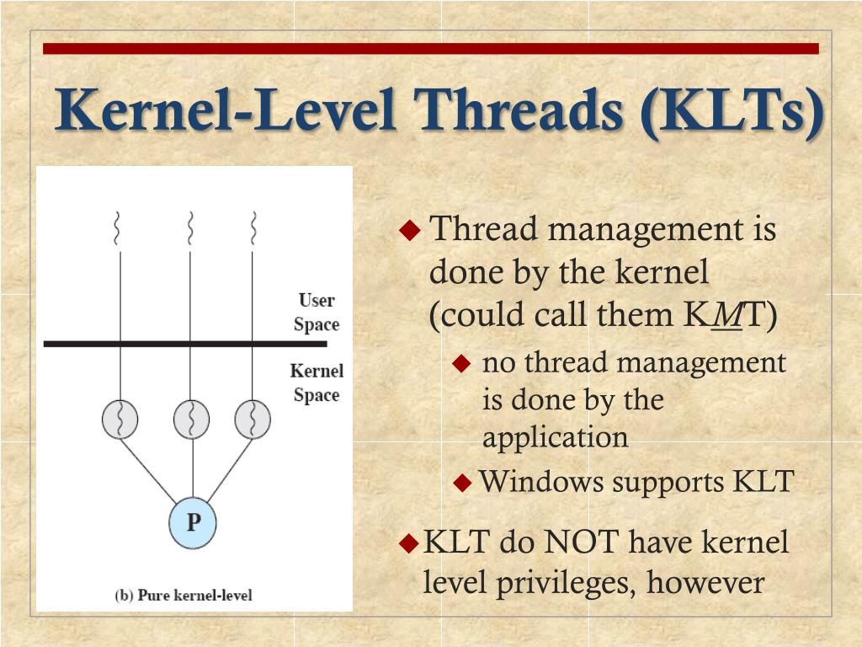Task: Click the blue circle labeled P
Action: (x=193, y=522)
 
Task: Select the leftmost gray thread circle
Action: (x=120, y=419)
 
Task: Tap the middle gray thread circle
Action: (x=192, y=419)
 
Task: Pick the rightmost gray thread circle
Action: (x=252, y=419)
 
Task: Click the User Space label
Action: (x=317, y=313)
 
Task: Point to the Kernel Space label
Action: (x=317, y=382)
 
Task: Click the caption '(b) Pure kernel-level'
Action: (x=183, y=595)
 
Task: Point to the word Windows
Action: (x=541, y=482)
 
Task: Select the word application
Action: (x=555, y=437)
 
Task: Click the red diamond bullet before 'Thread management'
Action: (x=409, y=229)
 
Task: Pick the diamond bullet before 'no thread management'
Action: (x=460, y=364)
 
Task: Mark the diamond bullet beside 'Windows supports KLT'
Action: (x=463, y=483)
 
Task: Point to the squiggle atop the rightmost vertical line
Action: (x=252, y=227)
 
